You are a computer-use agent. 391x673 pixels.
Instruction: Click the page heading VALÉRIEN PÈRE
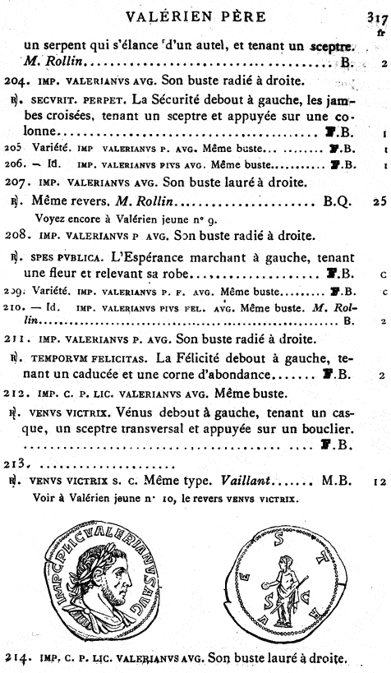click(195, 16)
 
